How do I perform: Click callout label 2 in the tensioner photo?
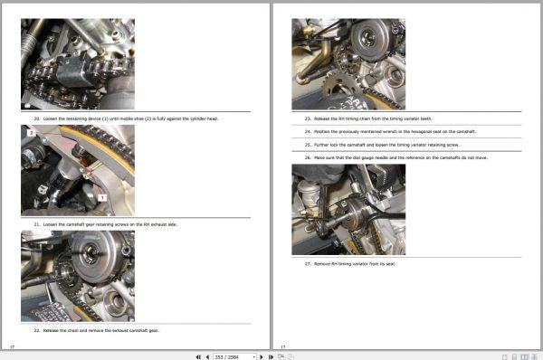click(31, 133)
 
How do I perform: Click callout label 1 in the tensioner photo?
click(102, 195)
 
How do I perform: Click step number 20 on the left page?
click(37, 118)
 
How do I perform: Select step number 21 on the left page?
click(37, 223)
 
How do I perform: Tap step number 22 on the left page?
click(37, 332)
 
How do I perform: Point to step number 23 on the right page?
click(308, 118)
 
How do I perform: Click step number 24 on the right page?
click(308, 131)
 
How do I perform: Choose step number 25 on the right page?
click(308, 144)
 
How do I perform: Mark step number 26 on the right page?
click(308, 157)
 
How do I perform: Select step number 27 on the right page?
click(308, 263)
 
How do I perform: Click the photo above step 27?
click(348, 210)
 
